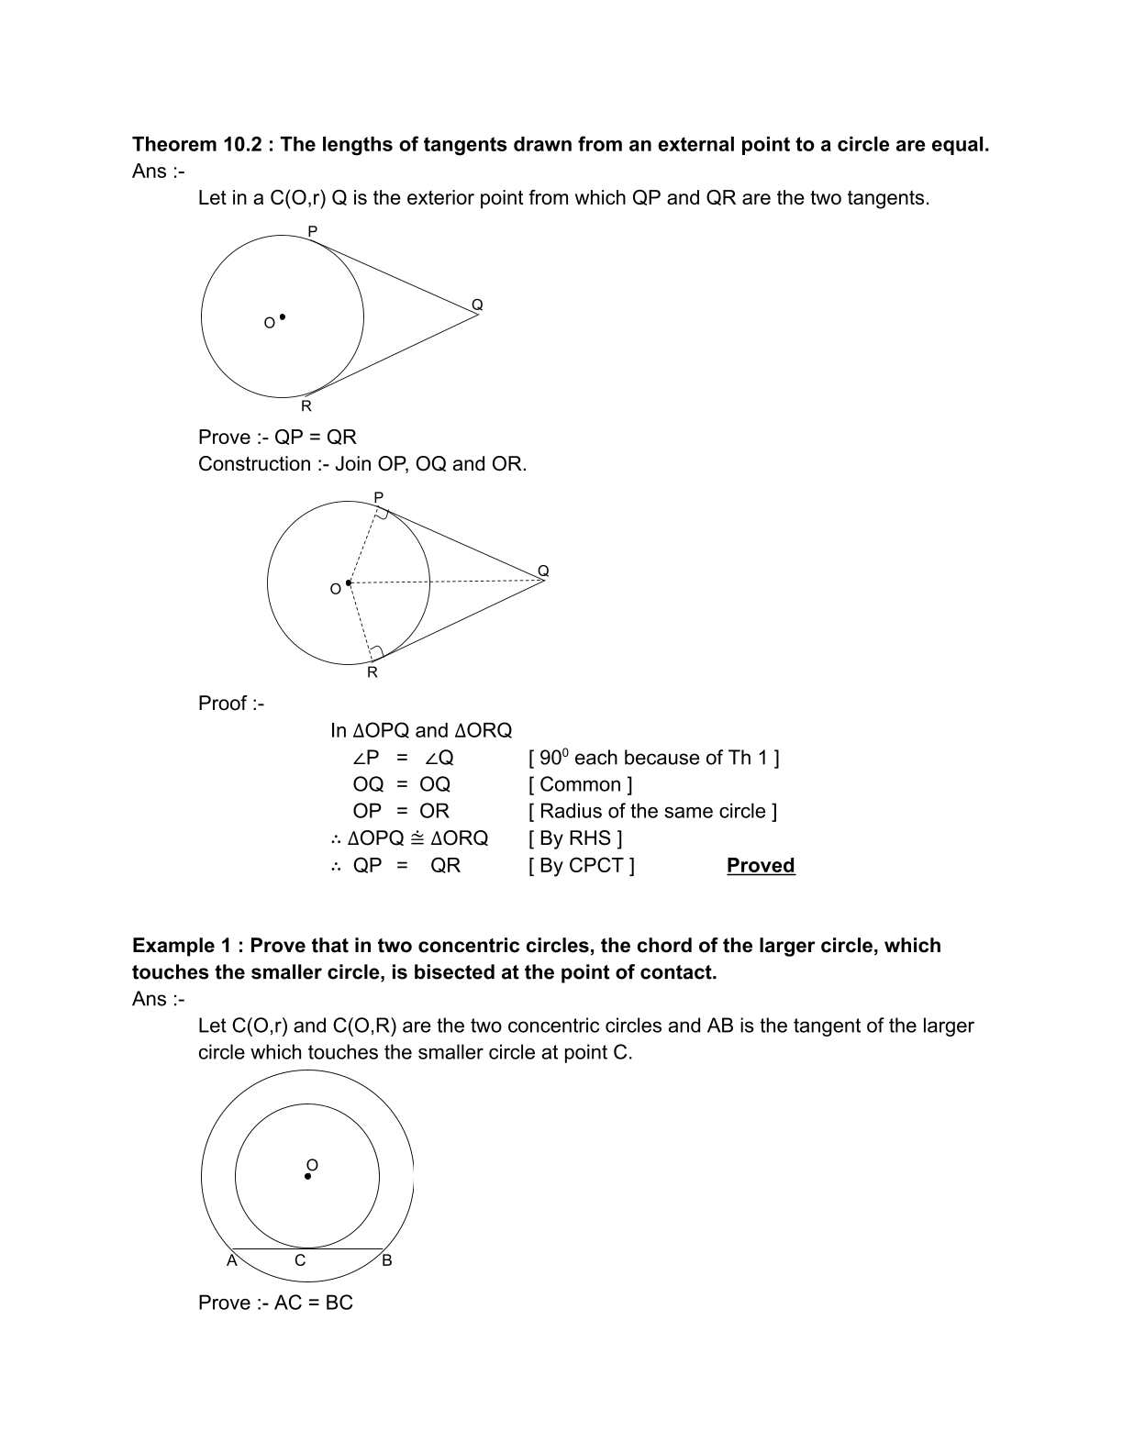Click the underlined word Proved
pyautogui.click(x=760, y=865)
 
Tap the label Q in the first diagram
pyautogui.click(x=477, y=305)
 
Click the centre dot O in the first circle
pyautogui.click(x=282, y=317)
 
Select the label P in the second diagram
pyautogui.click(x=378, y=497)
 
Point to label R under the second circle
pyautogui.click(x=372, y=672)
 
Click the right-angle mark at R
pyautogui.click(x=376, y=651)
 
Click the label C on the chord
pyautogui.click(x=300, y=1260)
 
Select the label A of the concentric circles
pyautogui.click(x=231, y=1260)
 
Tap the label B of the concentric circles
pyautogui.click(x=386, y=1260)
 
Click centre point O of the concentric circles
pyautogui.click(x=307, y=1176)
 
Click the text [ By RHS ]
pyautogui.click(x=575, y=838)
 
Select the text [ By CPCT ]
pyautogui.click(x=581, y=865)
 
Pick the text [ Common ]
pyautogui.click(x=580, y=784)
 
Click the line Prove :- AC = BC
pyautogui.click(x=275, y=1303)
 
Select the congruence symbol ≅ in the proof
pyautogui.click(x=417, y=838)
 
